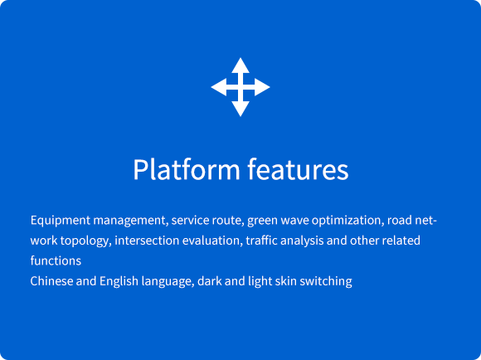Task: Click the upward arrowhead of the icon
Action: pos(240,66)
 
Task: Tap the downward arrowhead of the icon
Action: pos(240,109)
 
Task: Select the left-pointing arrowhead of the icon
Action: pos(219,87)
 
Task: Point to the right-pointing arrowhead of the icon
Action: pos(262,87)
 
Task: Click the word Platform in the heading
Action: pos(187,169)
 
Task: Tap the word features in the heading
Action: pos(298,169)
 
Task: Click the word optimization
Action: pos(347,221)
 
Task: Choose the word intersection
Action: pos(147,241)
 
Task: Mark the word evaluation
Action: pos(212,241)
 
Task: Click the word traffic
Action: pos(262,241)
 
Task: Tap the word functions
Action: pos(56,260)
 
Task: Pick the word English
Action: pos(119,282)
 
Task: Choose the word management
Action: pos(131,221)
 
